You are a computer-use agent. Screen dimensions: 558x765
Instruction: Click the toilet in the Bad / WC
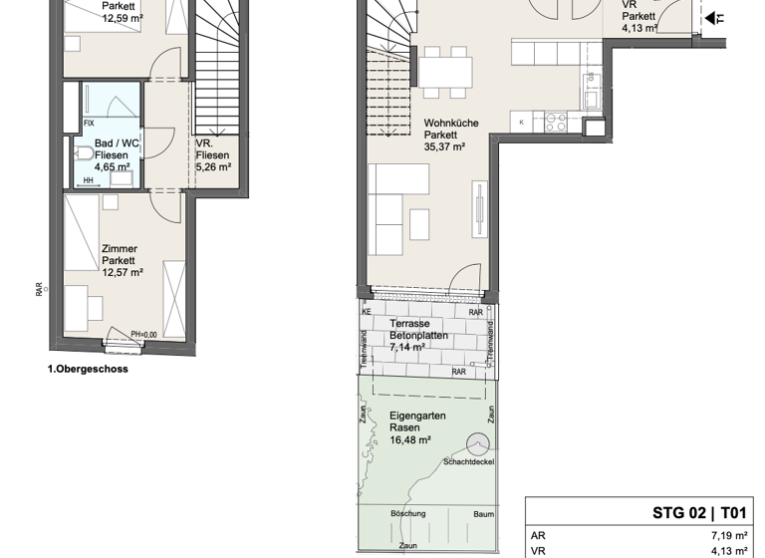84,153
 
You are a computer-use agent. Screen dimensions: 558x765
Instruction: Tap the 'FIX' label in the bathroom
89,124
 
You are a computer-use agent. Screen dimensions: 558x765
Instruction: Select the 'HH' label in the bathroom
89,180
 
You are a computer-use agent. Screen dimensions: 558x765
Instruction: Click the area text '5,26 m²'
213,168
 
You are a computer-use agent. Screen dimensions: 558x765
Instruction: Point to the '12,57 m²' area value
122,272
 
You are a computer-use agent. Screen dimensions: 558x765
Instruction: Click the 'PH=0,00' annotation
145,334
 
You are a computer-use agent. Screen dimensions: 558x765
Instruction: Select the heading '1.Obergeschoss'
88,369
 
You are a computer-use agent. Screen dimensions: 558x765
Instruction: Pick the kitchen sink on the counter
589,97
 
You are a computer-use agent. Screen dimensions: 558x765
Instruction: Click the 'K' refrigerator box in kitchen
523,123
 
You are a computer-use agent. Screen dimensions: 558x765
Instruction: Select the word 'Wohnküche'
450,123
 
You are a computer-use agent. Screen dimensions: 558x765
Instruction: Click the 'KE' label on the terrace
367,312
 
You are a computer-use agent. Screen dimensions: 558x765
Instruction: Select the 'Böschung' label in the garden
407,514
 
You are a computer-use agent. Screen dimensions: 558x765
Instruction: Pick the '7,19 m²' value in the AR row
728,534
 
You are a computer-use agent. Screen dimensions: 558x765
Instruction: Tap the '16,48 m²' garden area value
409,439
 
